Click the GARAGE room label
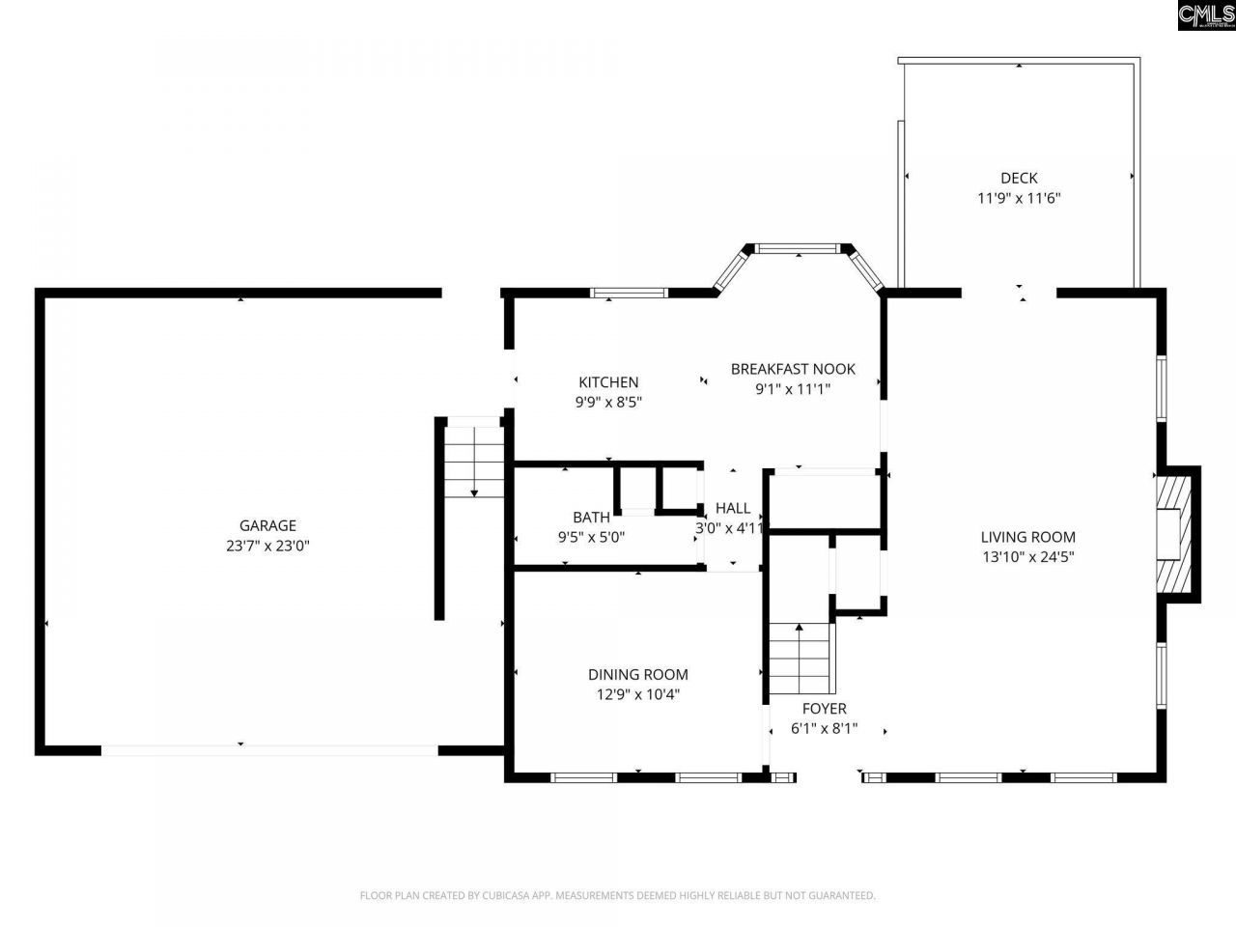[267, 525]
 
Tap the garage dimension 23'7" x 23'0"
[267, 546]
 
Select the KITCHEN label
[608, 382]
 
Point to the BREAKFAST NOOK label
[793, 369]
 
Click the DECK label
[1019, 178]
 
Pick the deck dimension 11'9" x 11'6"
[1019, 198]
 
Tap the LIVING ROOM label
[1027, 537]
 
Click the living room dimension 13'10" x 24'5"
[1027, 557]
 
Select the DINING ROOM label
[638, 675]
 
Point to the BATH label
[591, 518]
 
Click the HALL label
[733, 508]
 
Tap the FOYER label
[824, 709]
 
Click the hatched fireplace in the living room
[1174, 534]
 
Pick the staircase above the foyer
[800, 659]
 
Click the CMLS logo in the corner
[1205, 15]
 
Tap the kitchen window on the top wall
[629, 292]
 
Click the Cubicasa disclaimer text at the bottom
[618, 896]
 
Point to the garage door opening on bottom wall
[269, 749]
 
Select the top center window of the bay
[798, 249]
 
